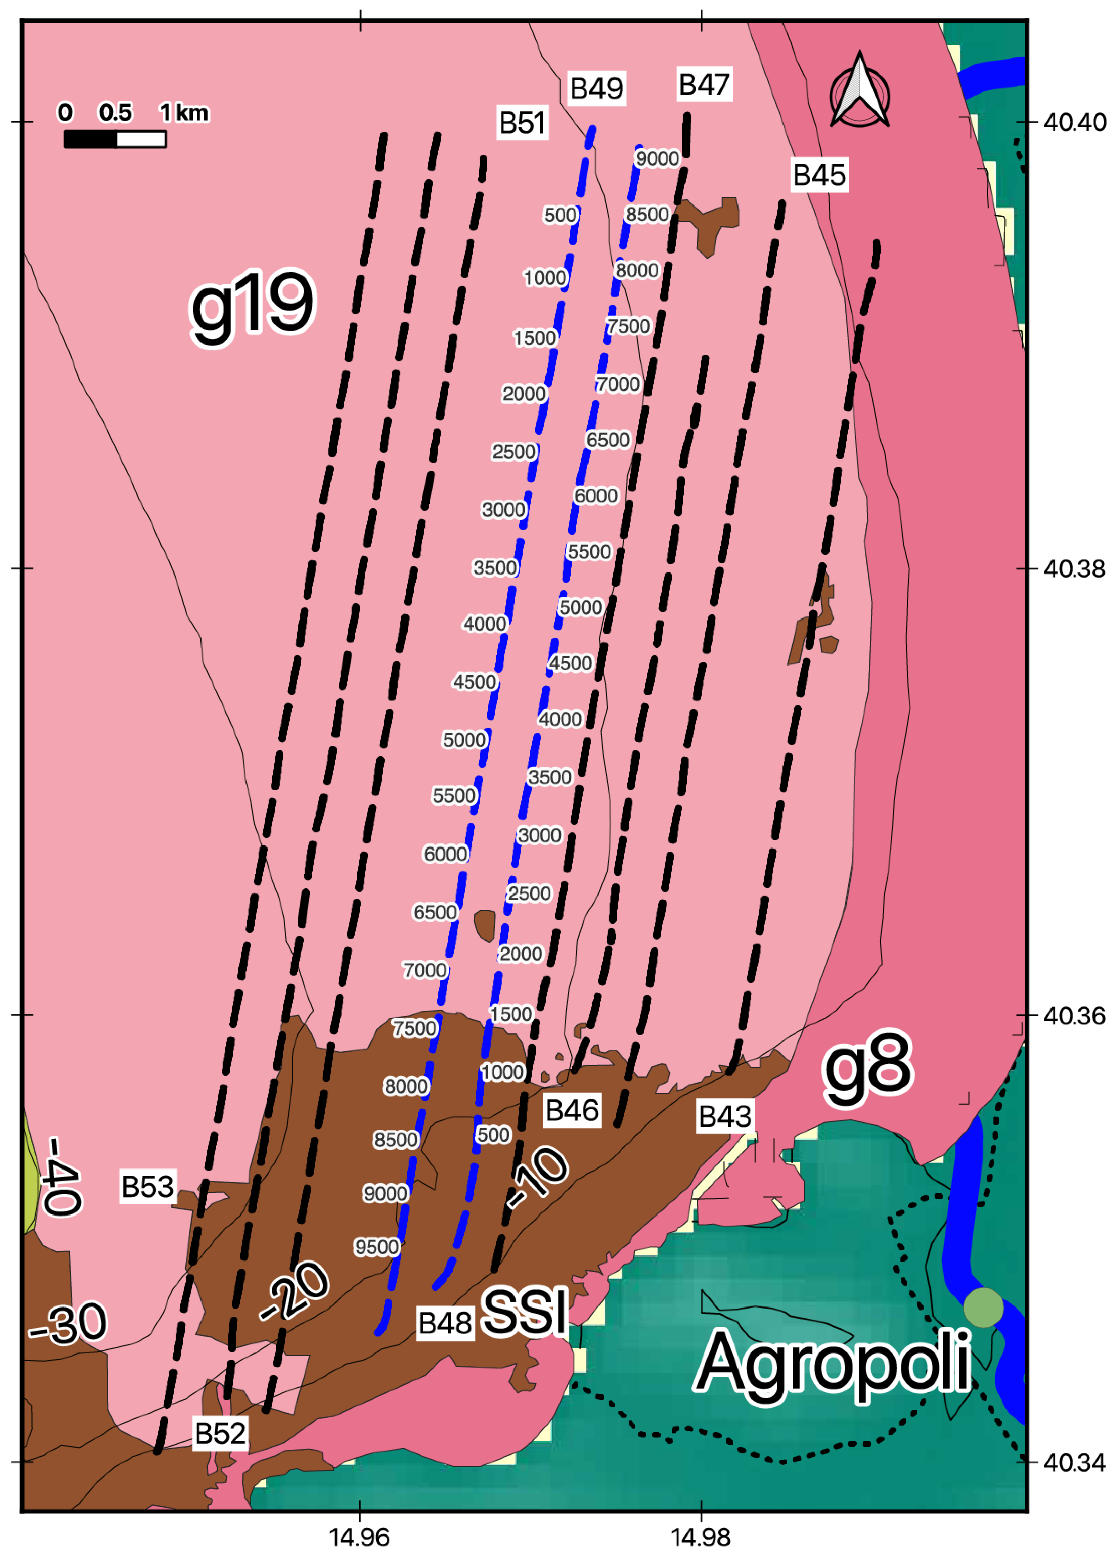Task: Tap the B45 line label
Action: (x=819, y=175)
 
